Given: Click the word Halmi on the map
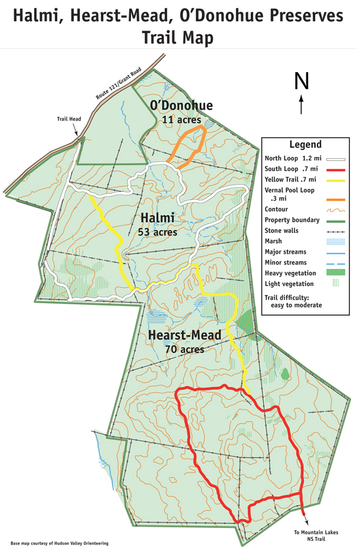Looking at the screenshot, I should click(x=157, y=218).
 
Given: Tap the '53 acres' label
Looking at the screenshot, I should click(x=157, y=232).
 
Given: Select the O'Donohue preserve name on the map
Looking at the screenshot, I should click(x=181, y=106).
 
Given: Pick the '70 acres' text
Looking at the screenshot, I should click(x=184, y=349).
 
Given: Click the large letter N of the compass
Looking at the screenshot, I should click(x=302, y=80).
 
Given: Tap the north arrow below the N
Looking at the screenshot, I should click(x=302, y=103).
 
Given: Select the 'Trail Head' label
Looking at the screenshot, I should click(x=68, y=119).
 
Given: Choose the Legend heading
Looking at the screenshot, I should click(x=305, y=145).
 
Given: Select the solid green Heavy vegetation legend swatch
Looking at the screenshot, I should click(x=335, y=273).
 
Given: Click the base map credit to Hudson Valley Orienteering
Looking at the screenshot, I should click(x=59, y=543).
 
